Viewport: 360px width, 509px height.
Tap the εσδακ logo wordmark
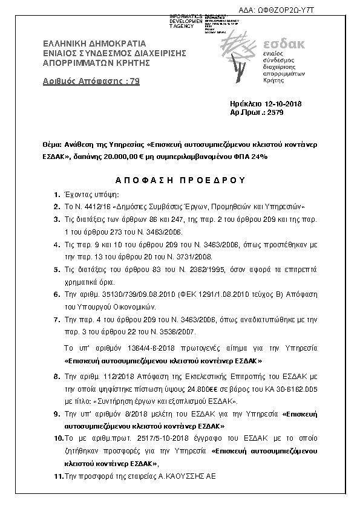(285, 44)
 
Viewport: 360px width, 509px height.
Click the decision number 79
(136, 82)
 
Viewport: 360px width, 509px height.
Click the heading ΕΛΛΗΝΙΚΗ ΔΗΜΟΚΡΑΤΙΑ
(94, 44)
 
